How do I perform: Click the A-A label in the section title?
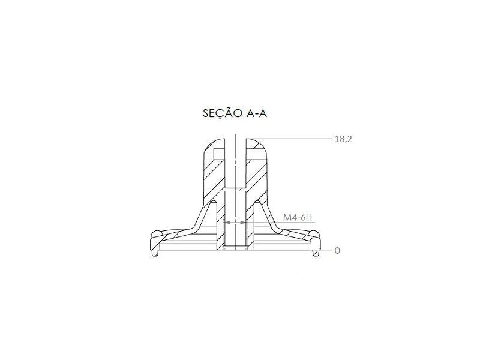point(257,113)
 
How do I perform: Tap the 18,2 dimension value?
point(343,139)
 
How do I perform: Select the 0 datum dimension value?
point(337,251)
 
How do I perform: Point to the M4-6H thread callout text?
point(297,218)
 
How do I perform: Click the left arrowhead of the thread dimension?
point(227,223)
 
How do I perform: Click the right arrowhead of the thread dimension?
point(243,223)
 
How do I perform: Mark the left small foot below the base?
point(155,253)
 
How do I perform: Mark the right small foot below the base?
point(316,253)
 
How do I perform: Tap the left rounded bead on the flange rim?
point(157,233)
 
